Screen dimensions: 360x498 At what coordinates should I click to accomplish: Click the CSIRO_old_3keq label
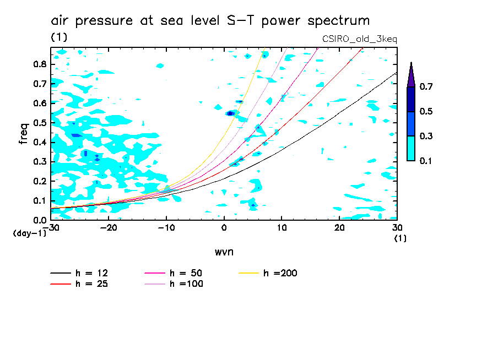point(359,39)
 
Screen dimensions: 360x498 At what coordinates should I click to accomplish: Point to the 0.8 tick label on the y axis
point(39,64)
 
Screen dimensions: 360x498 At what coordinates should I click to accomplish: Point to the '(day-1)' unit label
point(30,233)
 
